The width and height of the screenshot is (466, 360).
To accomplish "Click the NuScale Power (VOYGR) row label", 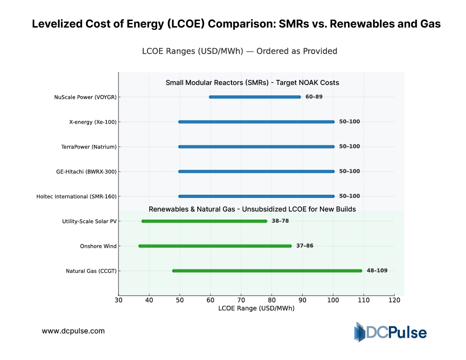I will point(85,97).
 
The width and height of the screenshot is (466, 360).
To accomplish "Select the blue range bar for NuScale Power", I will point(255,97).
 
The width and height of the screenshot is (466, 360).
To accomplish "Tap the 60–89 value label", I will point(314,97).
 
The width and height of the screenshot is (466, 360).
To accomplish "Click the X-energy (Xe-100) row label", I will point(93,122).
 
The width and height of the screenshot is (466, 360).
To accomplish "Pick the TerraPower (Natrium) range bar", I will point(257,147).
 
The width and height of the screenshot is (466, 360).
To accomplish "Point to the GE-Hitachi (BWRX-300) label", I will point(86,171).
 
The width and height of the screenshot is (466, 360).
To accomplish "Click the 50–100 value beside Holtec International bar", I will point(349,196).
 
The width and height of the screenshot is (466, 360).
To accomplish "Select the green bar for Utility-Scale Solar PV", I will point(204,221).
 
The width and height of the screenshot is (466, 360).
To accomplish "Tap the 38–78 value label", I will point(280,221).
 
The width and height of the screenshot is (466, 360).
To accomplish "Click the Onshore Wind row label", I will point(98,246).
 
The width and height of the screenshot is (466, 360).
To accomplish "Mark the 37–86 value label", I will point(305,246).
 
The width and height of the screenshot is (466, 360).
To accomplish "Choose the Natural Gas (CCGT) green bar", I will point(267,271).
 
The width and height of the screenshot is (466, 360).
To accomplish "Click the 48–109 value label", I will point(377,270).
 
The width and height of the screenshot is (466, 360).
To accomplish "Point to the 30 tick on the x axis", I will point(118,300).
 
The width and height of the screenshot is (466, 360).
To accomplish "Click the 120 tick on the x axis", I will point(394,300).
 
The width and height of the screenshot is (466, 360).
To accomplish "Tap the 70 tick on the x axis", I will point(241,300).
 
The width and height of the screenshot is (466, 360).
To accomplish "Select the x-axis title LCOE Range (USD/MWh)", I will point(256,308).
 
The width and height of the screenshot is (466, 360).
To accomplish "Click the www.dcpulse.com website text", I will point(73,331).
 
